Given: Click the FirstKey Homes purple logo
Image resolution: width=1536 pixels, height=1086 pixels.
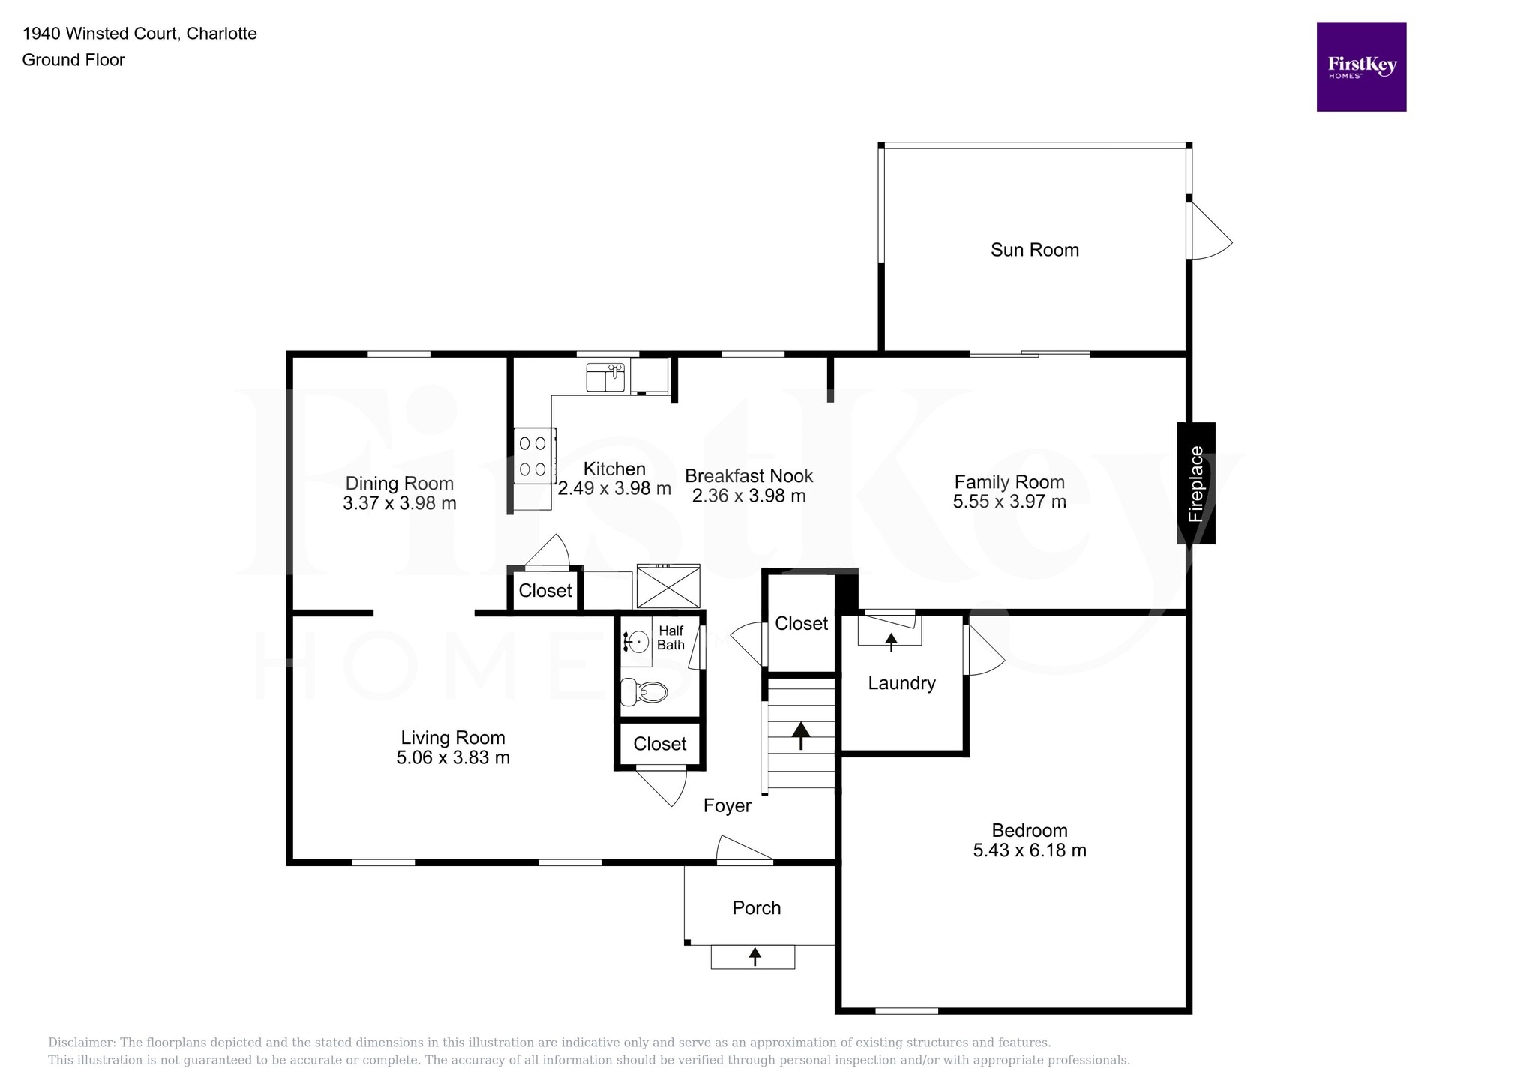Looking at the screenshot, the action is pos(1361,67).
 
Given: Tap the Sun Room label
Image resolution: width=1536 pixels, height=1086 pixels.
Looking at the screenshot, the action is pos(1035,250).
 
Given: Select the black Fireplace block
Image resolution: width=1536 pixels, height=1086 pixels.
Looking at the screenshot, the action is pos(1196,483).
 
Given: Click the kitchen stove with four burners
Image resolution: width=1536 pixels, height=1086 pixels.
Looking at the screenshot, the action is pos(534,456).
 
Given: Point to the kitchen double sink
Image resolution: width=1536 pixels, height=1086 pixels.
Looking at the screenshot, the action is pos(605,377).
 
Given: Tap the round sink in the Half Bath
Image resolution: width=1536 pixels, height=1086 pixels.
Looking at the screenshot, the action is pos(637,643).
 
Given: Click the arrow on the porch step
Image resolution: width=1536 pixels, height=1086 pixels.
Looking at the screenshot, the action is pos(754,956).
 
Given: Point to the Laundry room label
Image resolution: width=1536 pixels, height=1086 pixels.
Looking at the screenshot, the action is pos(902,683).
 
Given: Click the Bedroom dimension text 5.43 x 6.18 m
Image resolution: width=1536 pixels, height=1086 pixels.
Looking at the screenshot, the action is pos(1030,850).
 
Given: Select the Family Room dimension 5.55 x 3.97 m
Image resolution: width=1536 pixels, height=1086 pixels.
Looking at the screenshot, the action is pos(1009,502).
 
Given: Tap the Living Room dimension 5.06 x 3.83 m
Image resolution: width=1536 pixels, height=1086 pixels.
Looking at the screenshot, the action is pos(453,757).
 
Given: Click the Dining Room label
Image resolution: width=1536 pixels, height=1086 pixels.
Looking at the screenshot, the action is pos(400,484).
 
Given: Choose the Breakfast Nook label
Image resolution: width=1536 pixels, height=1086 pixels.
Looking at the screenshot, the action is pos(749,476).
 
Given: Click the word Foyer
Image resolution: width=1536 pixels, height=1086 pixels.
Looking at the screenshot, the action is pos(727,806).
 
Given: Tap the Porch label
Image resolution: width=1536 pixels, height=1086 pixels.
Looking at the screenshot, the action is pos(757,908).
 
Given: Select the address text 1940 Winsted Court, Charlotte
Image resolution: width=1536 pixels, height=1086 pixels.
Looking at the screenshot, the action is pos(139,34).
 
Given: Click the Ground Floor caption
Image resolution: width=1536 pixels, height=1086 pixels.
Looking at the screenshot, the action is pos(73,60).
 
